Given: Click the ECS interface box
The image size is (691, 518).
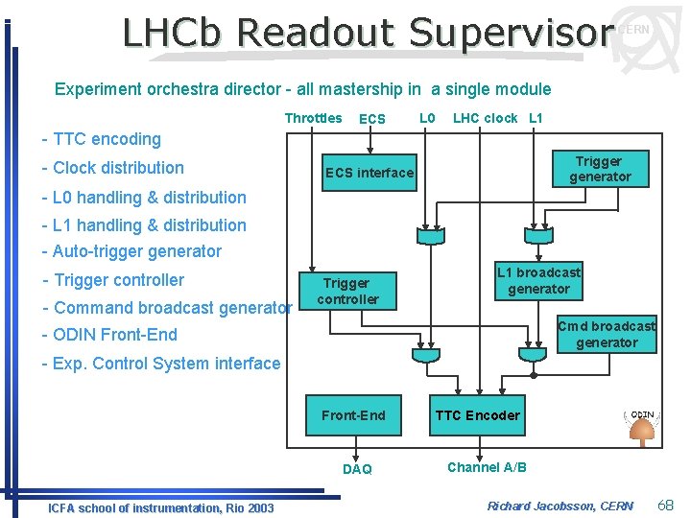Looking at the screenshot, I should coord(369,173).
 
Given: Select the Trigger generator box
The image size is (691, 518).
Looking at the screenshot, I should coord(599,169).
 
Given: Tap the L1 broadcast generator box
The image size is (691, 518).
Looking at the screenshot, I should coord(538,281).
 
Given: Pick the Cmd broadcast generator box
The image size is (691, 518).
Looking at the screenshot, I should coord(607,334).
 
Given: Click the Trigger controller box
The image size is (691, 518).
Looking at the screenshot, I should coord(347,291).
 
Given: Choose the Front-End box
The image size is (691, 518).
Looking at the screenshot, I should coord(353,415).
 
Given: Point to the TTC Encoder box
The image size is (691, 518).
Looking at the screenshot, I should coord(477,415).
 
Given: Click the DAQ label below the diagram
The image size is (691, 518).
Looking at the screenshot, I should coord(357,469).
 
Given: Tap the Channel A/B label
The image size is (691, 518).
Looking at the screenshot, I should coord(487,467).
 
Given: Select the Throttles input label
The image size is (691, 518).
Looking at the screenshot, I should coord(313,118).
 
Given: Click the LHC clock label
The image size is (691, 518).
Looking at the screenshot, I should coord(485,118).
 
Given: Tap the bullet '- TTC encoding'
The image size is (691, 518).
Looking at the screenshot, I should coord(102,139).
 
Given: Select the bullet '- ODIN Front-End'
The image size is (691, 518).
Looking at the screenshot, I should coord(109,335).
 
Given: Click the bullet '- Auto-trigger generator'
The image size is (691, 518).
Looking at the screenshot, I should coord(131,251).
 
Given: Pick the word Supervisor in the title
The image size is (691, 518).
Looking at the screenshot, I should coord(511,33).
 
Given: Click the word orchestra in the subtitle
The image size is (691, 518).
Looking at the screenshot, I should coord(182,89).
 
